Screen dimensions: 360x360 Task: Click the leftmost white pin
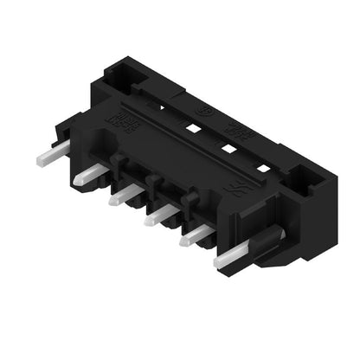click(47, 157)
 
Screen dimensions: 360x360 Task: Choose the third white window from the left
click(228, 147)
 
